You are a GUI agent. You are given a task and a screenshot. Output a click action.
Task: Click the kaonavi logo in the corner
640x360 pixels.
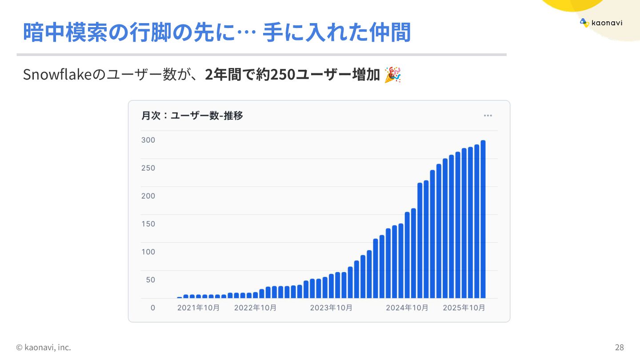point(601,23)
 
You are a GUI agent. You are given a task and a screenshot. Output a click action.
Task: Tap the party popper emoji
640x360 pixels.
point(392,75)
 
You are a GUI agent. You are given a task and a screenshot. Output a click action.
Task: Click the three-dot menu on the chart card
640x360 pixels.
point(488,116)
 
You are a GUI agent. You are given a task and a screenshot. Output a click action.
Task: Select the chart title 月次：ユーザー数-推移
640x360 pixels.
point(192,116)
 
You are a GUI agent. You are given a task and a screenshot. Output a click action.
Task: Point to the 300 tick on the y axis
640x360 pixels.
point(148,140)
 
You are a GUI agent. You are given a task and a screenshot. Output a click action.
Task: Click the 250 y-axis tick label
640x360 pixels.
point(148,168)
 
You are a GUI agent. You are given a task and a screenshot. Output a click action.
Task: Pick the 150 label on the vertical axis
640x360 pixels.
point(148,224)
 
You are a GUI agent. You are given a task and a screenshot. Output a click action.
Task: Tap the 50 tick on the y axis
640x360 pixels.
point(150,280)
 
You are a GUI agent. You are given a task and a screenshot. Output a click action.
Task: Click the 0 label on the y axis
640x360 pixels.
point(152,308)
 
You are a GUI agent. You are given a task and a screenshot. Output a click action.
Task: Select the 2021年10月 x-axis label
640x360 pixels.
point(198,308)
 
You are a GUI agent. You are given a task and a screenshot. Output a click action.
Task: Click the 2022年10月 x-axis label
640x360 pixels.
point(255,308)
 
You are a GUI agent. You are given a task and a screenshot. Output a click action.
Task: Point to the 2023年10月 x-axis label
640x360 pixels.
point(331,308)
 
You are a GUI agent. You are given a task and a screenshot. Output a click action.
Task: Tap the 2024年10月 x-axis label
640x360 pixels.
point(407,308)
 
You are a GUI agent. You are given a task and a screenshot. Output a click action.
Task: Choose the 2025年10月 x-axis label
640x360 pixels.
point(464,308)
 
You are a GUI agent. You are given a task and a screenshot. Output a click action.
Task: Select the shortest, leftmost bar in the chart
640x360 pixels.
point(180,297)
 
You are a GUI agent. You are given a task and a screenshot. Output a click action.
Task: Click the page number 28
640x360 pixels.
point(619,347)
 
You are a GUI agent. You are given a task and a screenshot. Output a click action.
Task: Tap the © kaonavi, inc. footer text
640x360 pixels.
point(44,347)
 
